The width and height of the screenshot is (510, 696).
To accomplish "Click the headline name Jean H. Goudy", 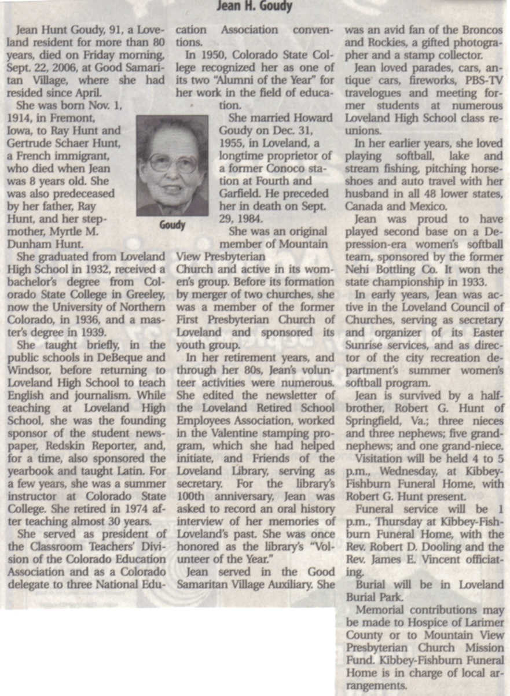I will point(254,7).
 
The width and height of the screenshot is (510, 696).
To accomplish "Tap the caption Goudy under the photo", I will point(172,224).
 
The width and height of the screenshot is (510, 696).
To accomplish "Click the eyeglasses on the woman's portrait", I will point(173,163).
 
